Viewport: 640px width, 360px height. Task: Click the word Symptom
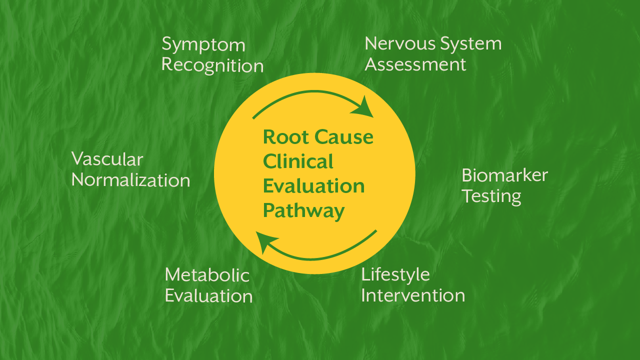(x=203, y=45)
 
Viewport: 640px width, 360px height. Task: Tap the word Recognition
(x=212, y=65)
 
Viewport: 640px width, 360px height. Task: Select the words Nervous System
(x=433, y=44)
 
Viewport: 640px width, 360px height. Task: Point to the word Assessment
(x=415, y=64)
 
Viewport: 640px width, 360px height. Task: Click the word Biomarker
(x=504, y=175)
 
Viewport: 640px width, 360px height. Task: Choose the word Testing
(x=491, y=196)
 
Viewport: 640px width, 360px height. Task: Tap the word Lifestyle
(x=395, y=274)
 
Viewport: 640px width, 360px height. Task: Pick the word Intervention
(x=413, y=295)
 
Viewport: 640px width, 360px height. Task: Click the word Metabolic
(x=207, y=275)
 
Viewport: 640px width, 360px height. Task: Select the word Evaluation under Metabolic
(x=208, y=295)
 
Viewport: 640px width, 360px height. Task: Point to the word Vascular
(x=107, y=159)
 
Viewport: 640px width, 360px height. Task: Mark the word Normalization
(x=130, y=180)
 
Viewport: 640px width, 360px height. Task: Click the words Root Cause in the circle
(x=318, y=137)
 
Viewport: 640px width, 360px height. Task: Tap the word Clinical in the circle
(x=298, y=161)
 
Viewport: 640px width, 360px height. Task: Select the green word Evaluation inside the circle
(x=313, y=186)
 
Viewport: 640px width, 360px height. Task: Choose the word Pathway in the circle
(x=303, y=210)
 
